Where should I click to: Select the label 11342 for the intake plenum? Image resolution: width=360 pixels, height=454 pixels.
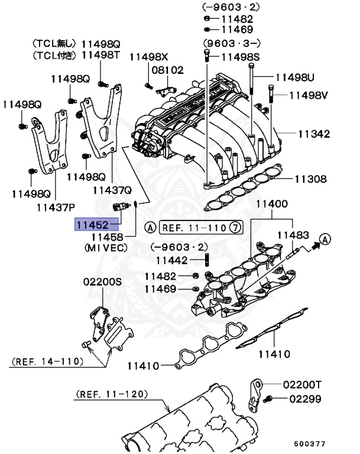313,134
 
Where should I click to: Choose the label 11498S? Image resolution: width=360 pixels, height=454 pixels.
241,57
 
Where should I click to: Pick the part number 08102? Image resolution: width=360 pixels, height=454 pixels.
167,70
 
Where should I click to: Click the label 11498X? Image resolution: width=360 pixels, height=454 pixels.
149,57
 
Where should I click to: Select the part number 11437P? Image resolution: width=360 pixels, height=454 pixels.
56,207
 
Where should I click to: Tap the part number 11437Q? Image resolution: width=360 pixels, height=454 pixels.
111,190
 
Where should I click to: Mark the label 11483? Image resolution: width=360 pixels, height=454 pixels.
293,235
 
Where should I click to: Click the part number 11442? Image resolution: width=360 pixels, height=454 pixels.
172,260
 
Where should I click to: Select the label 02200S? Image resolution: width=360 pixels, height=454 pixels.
102,283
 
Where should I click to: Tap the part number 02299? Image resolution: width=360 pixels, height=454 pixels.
305,399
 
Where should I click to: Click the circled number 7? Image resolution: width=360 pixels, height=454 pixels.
235,227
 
